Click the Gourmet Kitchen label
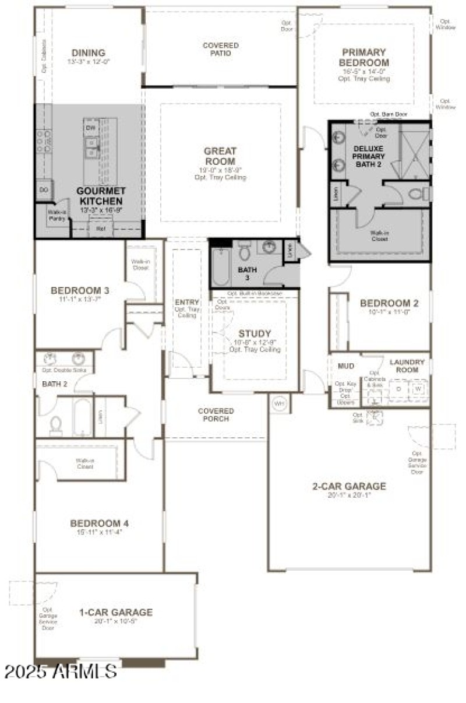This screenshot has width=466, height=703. click(101, 196)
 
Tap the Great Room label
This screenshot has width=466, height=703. click(220, 156)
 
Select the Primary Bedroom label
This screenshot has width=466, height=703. click(365, 57)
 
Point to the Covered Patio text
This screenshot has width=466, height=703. click(220, 49)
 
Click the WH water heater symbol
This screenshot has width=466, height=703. click(279, 403)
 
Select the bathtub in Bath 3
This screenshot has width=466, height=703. click(221, 266)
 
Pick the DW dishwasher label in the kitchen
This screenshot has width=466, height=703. click(90, 128)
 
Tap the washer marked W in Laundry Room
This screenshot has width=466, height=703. click(418, 388)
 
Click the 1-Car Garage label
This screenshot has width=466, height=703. click(116, 612)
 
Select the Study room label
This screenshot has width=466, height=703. click(255, 333)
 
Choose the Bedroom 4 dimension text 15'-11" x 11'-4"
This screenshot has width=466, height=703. click(96, 532)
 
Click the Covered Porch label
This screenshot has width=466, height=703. click(216, 414)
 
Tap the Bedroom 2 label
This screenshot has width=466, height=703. click(389, 303)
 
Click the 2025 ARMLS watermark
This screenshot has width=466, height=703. click(61, 671)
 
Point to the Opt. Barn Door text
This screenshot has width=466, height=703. click(389, 114)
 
